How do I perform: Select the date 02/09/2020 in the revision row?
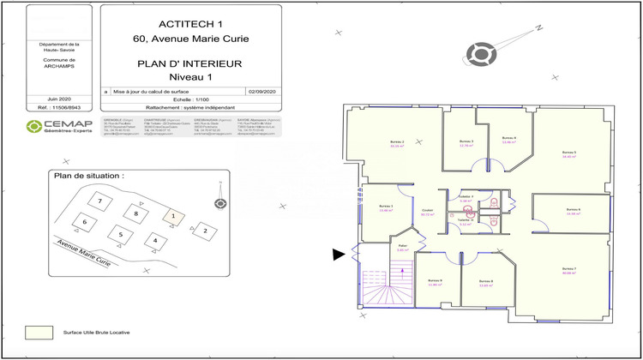pos(259,90)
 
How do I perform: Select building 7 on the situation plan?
pos(100,201)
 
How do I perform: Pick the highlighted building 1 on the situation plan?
pos(172,216)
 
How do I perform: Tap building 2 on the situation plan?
pos(203,230)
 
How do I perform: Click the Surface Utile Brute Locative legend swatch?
pos(38,332)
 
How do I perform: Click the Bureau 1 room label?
pos(385,207)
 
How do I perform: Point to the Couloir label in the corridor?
pos(426,211)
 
